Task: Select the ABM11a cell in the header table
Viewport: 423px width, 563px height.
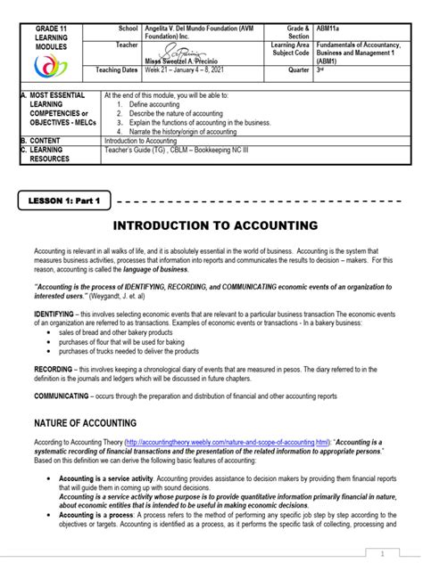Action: [x=328, y=29]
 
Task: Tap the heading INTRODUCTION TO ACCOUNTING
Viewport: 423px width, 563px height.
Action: [x=211, y=225]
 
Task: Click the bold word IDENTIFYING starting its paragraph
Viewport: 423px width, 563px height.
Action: [x=54, y=314]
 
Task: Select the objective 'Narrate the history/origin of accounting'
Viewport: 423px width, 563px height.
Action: [x=183, y=130]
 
